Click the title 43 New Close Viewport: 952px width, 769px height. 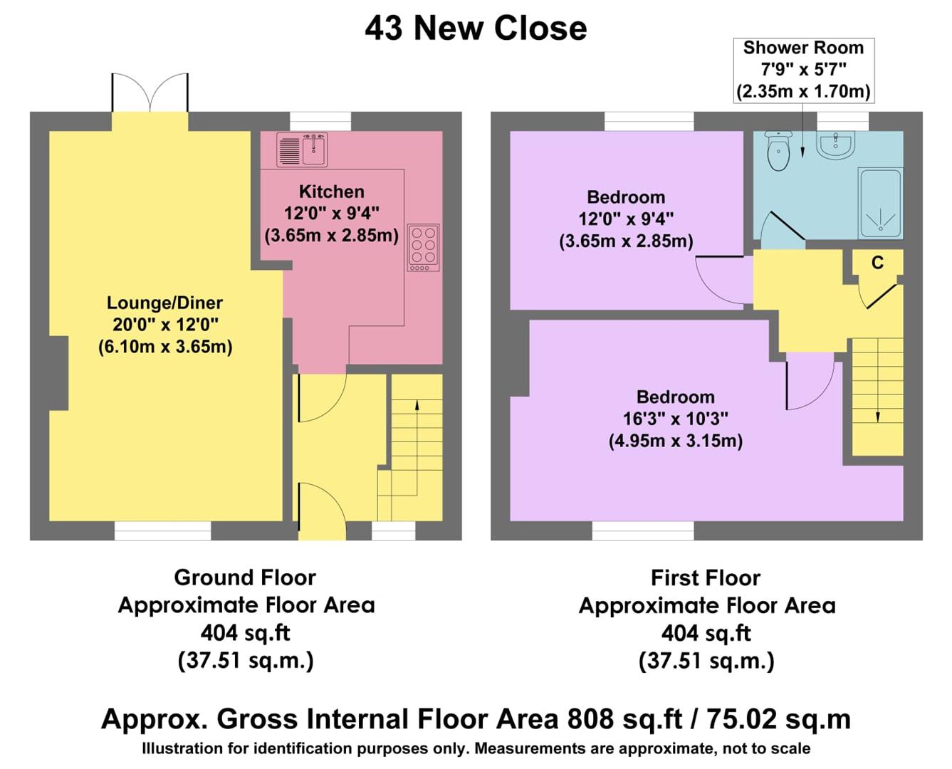pos(476,28)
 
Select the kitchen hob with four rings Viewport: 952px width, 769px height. pos(423,248)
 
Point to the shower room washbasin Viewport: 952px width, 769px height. pos(836,145)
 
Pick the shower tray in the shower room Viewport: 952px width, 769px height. pos(881,204)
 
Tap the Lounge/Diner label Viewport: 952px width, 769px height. pos(164,303)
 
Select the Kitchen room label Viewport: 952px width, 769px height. pos(331,192)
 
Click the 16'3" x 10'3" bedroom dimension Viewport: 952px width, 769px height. pos(675,419)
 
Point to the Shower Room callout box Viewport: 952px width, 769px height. pos(803,70)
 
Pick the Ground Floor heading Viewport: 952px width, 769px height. pos(245,577)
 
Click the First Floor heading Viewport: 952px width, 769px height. pos(705,577)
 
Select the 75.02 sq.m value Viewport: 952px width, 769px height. pos(778,719)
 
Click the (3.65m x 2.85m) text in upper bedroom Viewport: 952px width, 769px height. pos(626,241)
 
